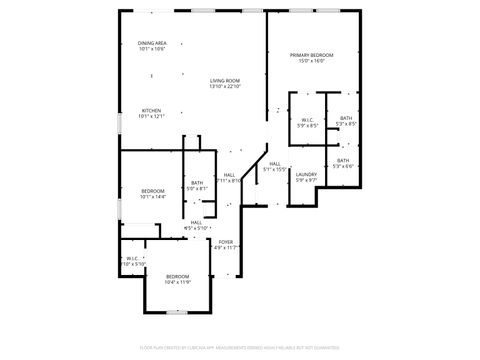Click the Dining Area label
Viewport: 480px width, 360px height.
152,43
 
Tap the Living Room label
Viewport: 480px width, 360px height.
225,80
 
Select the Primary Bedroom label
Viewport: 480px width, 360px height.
311,54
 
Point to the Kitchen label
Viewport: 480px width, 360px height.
151,110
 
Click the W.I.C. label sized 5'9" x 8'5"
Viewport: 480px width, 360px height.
307,120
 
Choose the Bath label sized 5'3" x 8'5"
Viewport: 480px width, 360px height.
345,118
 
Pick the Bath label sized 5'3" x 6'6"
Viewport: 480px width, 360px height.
343,160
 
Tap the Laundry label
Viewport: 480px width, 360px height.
306,174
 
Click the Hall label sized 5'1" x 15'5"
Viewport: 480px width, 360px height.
274,164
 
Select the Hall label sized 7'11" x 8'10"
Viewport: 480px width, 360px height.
229,175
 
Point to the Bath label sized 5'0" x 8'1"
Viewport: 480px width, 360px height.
198,182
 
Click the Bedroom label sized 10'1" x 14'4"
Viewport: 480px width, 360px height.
152,190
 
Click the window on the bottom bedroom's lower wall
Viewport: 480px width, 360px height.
177,311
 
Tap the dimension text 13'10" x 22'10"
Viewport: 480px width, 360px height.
225,86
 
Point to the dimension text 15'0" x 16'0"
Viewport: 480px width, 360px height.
311,61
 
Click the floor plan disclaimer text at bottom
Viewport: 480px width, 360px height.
239,347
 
